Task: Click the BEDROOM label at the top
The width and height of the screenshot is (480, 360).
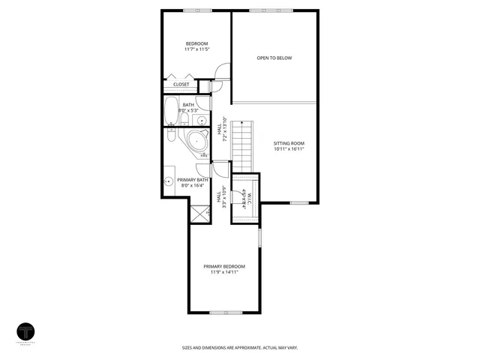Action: tap(196, 43)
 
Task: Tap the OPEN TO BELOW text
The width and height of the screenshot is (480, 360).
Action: tap(274, 58)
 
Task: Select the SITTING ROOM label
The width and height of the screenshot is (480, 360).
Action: tap(289, 142)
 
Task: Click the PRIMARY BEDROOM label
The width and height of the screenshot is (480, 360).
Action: tap(224, 266)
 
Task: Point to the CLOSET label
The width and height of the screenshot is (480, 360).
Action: tap(181, 85)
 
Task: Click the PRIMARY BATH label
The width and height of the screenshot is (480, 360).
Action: tap(193, 180)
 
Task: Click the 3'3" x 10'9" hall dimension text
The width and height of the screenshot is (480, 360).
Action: tap(224, 196)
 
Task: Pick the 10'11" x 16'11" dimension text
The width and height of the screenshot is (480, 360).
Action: tap(289, 149)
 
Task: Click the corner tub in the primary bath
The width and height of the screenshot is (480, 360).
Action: tap(197, 141)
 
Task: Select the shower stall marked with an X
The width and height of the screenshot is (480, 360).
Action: tap(199, 215)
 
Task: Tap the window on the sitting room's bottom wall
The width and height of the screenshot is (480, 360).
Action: tap(299, 202)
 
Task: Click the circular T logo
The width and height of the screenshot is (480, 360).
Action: tap(27, 331)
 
